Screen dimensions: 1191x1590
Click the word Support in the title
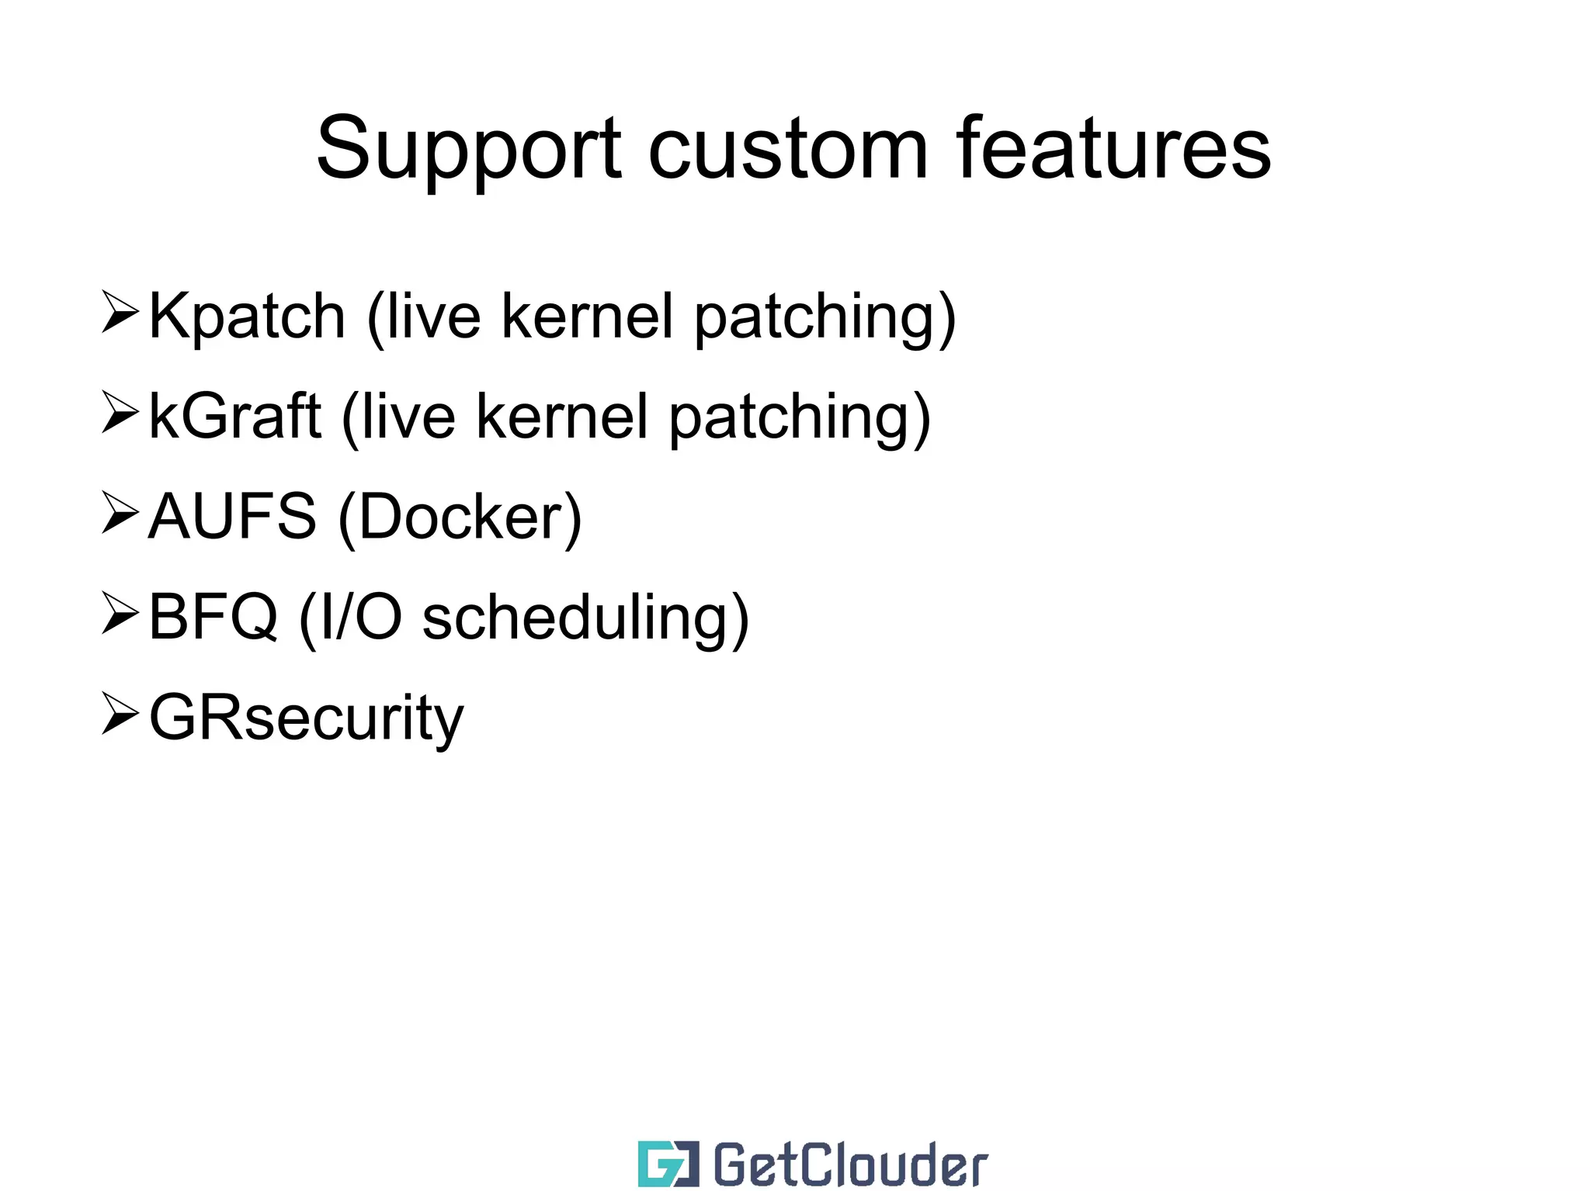tap(468, 149)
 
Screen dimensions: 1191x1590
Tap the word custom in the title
tap(787, 149)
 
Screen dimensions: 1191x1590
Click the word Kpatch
tap(246, 317)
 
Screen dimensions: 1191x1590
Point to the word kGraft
tap(234, 417)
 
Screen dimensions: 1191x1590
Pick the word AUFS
tap(232, 517)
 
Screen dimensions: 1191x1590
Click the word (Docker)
tap(460, 518)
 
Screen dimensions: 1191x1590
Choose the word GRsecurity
tap(306, 718)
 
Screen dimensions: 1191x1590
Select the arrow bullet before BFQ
tap(120, 613)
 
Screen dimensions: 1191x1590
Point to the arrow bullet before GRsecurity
tap(120, 714)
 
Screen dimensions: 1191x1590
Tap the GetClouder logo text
tap(849, 1165)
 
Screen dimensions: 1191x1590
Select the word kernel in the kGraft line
tap(562, 417)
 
